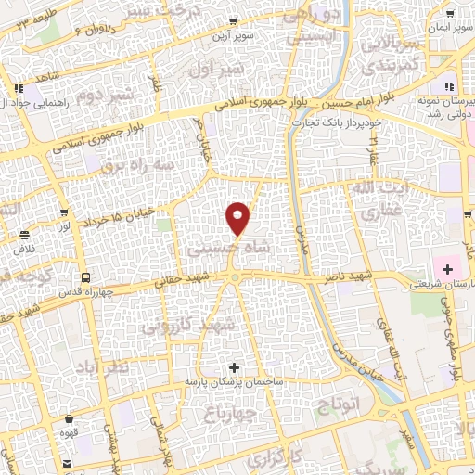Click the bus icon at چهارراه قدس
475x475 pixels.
(x=85, y=277)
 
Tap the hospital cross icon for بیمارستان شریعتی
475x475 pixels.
(x=448, y=269)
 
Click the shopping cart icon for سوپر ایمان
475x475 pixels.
(x=450, y=15)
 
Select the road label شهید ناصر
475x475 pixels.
(x=354, y=277)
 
